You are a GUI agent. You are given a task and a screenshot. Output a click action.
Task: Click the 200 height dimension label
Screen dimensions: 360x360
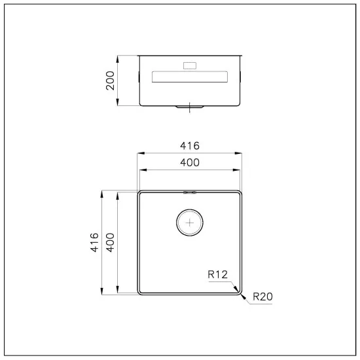(110, 80)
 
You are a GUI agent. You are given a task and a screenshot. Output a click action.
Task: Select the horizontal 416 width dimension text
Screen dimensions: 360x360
(189, 145)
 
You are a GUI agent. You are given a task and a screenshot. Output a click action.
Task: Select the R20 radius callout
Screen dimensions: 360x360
(262, 297)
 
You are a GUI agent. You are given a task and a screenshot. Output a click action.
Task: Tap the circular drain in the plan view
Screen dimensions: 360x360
(190, 223)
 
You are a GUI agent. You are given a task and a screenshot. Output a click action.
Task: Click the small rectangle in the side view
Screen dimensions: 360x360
(190, 65)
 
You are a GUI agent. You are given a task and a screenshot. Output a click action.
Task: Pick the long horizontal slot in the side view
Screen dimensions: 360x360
(190, 77)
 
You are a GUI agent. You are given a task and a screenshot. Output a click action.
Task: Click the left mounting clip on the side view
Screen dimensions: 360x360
(139, 77)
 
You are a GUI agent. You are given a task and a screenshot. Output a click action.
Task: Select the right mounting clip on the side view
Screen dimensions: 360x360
(241, 77)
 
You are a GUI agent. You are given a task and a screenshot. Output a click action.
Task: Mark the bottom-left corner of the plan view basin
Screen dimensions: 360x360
(140, 291)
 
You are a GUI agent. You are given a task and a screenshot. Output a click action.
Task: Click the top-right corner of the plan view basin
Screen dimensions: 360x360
(240, 194)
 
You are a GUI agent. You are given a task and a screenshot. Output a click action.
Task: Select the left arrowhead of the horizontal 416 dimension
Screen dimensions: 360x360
(139, 153)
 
